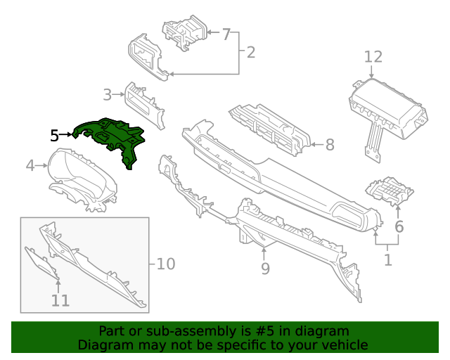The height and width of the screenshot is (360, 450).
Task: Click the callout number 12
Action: pos(373,56)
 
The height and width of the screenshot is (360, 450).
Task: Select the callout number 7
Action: pos(226,34)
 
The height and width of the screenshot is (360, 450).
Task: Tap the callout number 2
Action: pos(250,51)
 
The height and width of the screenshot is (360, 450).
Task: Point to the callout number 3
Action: pos(108,94)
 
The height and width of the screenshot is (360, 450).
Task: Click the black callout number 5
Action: pos(55,134)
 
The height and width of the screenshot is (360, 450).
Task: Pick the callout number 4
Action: pos(30,166)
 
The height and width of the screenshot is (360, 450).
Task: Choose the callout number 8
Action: pos(329,145)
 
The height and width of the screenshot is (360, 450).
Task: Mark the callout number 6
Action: pos(399,226)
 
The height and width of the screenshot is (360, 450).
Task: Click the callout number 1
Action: pos(387,260)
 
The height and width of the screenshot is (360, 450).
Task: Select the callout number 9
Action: pos(265,268)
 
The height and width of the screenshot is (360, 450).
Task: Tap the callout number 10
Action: pos(165,264)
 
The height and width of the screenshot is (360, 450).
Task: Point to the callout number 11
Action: pos(60,300)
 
